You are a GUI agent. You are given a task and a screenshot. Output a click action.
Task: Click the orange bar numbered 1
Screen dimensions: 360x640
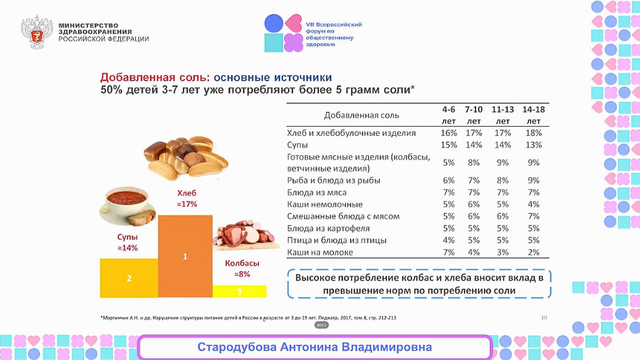click(x=185, y=256)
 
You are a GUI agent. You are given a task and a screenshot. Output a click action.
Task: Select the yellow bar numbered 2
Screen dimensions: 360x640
click(x=129, y=278)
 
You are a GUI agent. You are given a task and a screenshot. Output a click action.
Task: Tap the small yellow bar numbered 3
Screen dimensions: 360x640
click(x=239, y=291)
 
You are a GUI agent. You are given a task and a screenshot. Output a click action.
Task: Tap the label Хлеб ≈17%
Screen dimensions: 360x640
click(x=186, y=199)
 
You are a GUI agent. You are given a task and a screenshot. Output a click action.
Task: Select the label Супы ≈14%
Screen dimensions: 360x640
click(x=127, y=242)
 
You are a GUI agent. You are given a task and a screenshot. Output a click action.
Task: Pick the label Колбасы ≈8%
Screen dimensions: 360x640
click(x=242, y=269)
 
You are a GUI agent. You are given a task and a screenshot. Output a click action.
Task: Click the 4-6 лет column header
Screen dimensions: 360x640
click(x=449, y=115)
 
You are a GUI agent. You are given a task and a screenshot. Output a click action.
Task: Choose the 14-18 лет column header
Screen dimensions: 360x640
click(x=534, y=115)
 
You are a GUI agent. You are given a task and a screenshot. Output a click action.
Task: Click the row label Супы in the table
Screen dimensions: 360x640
click(x=297, y=145)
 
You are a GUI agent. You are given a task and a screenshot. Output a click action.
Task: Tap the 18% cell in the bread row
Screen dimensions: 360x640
click(x=534, y=133)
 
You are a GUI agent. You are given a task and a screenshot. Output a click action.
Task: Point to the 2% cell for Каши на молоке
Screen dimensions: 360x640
click(x=534, y=252)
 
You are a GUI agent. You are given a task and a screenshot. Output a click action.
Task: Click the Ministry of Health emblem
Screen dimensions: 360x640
click(x=37, y=32)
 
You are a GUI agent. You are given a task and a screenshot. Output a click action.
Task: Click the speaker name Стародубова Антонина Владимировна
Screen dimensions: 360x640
click(x=315, y=347)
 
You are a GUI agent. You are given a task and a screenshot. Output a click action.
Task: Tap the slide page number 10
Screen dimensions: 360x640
click(x=544, y=317)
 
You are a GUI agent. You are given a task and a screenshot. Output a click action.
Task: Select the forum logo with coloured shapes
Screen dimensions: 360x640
click(x=283, y=32)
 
